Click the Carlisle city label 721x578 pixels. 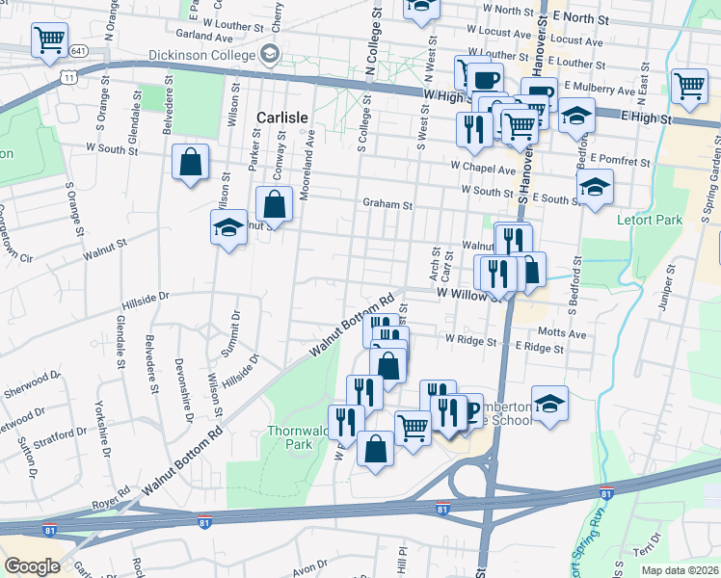point(281,118)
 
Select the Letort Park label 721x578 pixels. point(649,221)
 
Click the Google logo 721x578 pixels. point(32,566)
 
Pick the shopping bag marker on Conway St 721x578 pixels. point(274,203)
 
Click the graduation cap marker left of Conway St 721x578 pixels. point(227,227)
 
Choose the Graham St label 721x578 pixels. point(387,204)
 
